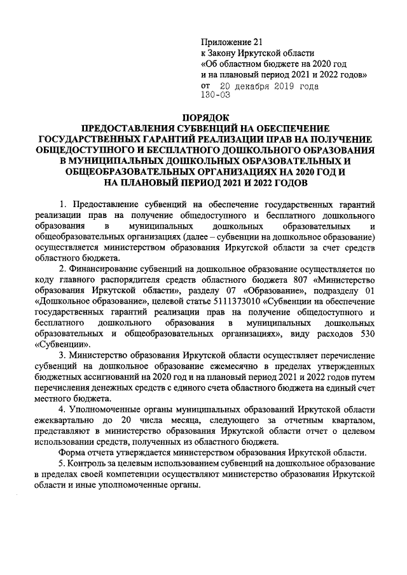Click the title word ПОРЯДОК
[204, 118]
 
